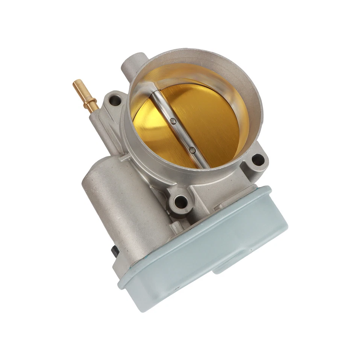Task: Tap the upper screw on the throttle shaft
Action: point(172,121)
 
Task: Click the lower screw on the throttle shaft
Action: point(192,150)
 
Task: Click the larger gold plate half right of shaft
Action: point(211,120)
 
